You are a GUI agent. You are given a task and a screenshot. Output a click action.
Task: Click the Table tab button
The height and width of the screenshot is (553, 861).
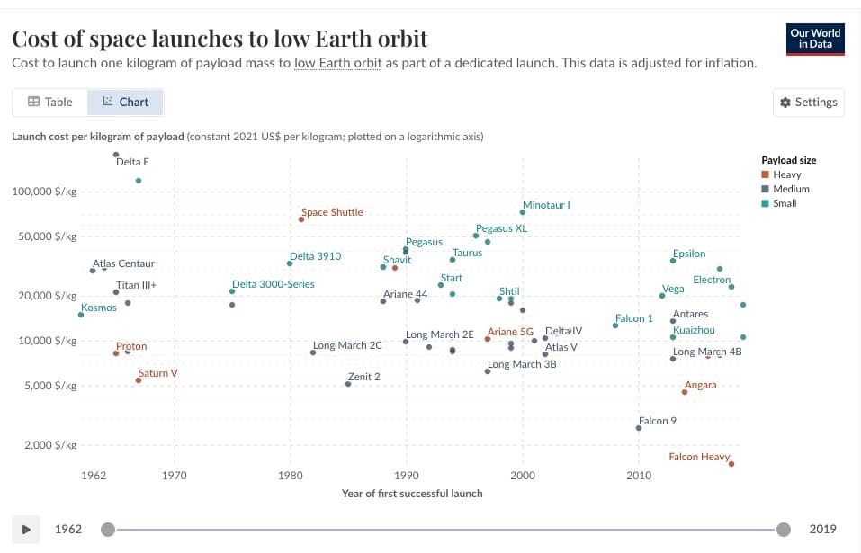pos(49,102)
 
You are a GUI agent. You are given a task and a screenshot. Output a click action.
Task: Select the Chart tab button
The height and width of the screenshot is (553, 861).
pos(125,102)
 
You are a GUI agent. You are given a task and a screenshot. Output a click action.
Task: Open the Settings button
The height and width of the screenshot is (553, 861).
pos(807,102)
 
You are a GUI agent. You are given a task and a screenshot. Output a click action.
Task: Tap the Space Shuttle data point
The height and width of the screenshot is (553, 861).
pos(301,219)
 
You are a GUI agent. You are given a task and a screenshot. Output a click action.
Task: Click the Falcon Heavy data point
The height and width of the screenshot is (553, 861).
pos(731,464)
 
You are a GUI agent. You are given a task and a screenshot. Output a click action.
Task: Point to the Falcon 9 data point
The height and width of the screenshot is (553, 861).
pos(639,428)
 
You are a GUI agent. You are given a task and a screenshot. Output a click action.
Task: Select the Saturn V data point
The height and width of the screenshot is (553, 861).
pos(139,380)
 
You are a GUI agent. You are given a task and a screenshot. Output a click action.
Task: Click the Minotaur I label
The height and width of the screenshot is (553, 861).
pos(546,205)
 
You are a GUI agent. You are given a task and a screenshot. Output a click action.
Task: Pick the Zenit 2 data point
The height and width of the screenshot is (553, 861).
pos(348,384)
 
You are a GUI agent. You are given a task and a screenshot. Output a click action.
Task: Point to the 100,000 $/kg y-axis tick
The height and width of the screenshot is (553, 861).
pos(43,192)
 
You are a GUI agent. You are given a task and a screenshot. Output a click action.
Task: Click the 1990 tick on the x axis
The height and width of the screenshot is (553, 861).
pos(406,475)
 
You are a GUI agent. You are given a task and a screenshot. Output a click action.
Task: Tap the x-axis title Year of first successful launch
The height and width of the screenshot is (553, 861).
pos(412,493)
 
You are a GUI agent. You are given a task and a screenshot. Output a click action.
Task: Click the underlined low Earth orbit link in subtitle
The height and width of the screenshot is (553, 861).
pos(338,63)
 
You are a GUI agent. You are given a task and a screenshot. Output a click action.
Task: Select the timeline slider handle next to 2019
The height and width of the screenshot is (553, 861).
pos(784,529)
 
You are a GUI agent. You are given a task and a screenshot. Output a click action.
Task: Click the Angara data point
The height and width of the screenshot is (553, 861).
pos(685,392)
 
